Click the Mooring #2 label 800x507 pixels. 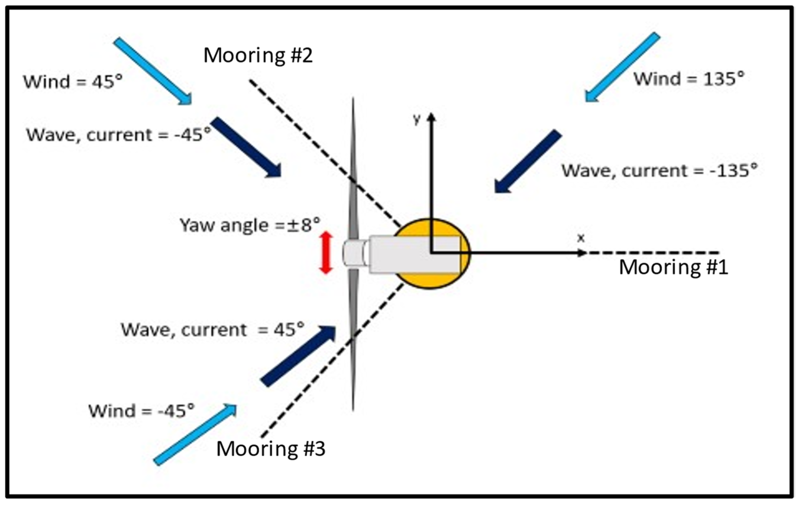pos(258,56)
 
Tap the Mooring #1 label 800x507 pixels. pos(674,267)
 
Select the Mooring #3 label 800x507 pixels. pos(271,448)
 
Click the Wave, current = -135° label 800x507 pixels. pos(660,171)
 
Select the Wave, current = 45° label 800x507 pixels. pos(213,330)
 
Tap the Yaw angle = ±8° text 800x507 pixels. pos(250,225)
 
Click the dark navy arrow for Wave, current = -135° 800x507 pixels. pos(528,161)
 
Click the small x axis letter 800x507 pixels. pos(581,238)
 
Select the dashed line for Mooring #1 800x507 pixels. pos(651,253)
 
